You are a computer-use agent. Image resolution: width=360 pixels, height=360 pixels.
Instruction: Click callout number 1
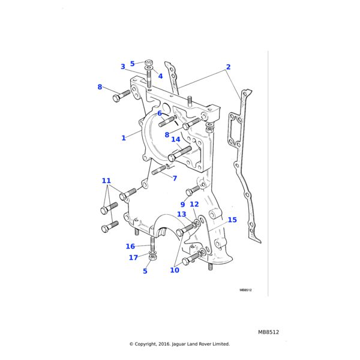[x=124, y=138]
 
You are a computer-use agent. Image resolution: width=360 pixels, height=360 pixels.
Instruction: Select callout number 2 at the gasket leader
[x=228, y=67]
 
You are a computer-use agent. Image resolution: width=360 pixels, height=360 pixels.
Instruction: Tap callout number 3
[x=123, y=67]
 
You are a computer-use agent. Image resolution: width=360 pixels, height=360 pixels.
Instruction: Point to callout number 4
[x=160, y=76]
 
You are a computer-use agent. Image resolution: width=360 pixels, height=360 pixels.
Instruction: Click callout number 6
[x=160, y=113]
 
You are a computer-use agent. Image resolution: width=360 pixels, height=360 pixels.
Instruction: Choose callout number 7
[x=175, y=178]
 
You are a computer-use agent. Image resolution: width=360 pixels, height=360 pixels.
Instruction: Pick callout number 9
[x=182, y=205]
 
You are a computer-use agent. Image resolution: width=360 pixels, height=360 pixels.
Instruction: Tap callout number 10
[x=175, y=270]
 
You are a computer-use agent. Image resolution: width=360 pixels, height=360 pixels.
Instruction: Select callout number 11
[x=106, y=181]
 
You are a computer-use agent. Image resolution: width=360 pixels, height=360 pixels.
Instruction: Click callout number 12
[x=194, y=205]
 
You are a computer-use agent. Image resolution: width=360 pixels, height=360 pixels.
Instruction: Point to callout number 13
[x=181, y=214]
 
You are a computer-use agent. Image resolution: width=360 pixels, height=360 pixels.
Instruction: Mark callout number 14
[x=176, y=139]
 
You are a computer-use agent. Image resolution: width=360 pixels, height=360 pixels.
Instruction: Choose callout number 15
[x=232, y=220]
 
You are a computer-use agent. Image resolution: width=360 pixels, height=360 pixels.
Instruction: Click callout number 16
[x=130, y=246]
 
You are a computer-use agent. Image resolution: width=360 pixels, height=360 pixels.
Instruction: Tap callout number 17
[x=133, y=258]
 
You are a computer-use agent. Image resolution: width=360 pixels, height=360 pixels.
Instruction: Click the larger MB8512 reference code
[x=269, y=332]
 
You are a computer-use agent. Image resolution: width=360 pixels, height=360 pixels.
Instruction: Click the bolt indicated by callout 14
[x=179, y=153]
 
